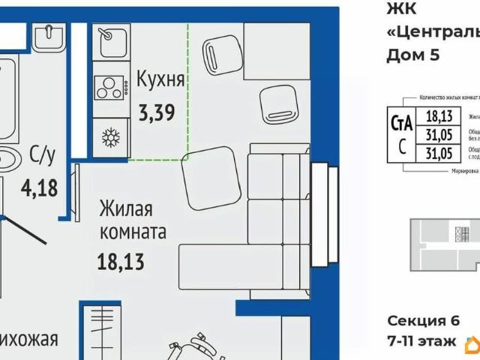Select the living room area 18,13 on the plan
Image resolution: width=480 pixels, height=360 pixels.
120,262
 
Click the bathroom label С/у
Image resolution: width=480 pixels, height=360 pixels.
43,156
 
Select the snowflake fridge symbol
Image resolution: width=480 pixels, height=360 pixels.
111,136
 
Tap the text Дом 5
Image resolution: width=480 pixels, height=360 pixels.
412,54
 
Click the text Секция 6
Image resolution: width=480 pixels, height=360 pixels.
423,321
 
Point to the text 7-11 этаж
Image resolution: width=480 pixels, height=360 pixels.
421,341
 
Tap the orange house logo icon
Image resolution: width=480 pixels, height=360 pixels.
472,343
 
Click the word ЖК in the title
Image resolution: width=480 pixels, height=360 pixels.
399,9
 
